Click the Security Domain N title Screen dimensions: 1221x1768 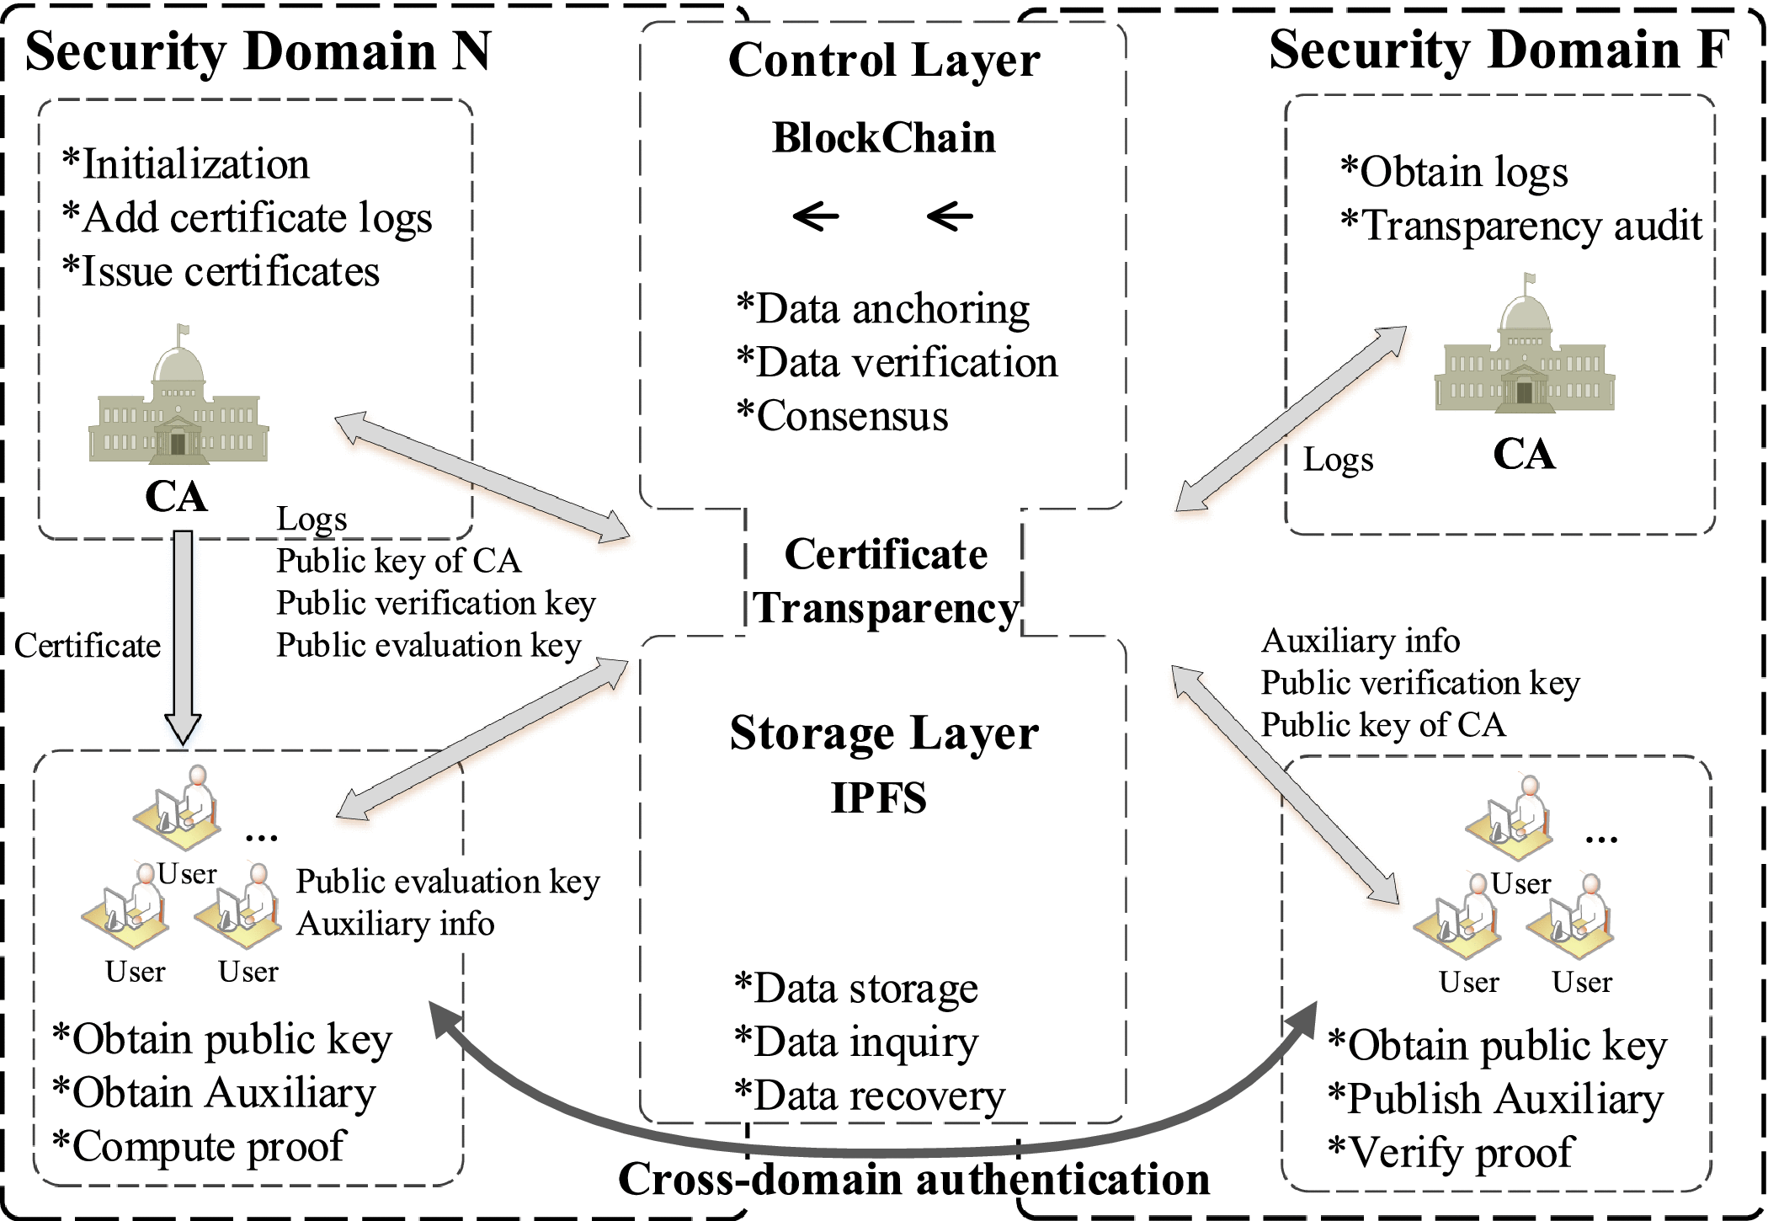tap(258, 52)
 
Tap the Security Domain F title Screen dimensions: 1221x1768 tap(1499, 51)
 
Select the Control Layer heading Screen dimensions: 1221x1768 tap(884, 61)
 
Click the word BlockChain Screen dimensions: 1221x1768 tap(884, 138)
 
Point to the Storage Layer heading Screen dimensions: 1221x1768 tap(884, 734)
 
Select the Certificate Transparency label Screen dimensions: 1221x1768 tap(886, 581)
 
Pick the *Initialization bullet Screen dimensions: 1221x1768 tap(186, 164)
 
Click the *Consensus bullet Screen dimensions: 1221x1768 tap(843, 417)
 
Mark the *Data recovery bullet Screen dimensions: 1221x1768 tap(870, 1096)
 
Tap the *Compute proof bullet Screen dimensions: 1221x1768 tap(199, 1147)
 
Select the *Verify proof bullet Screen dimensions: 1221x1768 tap(1450, 1153)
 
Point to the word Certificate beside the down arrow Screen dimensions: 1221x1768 tap(88, 646)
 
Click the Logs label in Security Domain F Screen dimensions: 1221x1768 tap(1338, 461)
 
